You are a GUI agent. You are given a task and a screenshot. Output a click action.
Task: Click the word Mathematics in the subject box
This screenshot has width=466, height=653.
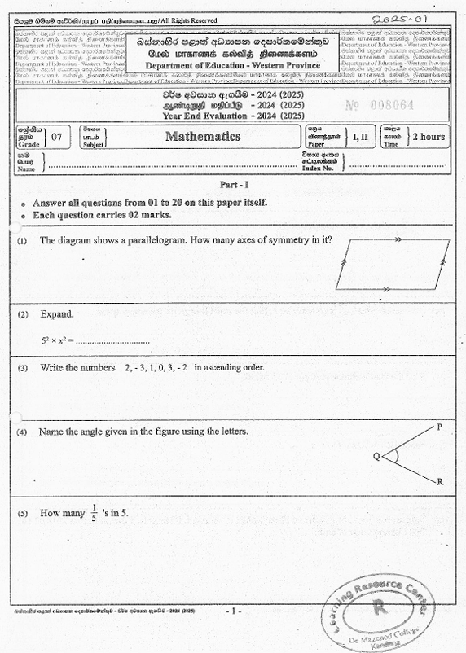[x=203, y=136]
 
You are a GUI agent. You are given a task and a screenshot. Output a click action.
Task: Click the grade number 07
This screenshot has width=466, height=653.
[x=56, y=137]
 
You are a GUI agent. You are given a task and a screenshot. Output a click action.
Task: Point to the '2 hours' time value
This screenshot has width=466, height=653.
[x=428, y=136]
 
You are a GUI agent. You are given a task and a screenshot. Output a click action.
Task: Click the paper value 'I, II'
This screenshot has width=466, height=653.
[x=360, y=137]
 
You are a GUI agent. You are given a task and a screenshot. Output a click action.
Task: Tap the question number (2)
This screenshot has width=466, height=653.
[x=23, y=313]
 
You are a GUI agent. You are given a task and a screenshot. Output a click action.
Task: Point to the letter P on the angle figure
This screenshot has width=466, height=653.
[x=440, y=427]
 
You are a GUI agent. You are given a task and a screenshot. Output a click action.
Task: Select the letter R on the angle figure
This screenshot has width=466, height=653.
[x=440, y=482]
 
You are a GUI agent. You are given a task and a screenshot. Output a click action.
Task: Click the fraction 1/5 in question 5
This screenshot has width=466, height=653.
[x=94, y=513]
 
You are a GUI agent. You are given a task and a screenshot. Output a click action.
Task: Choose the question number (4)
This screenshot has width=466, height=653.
[x=23, y=431]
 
